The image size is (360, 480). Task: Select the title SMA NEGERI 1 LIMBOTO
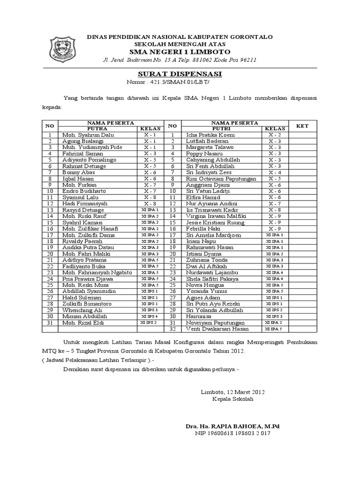point(180,52)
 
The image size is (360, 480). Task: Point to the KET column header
point(302,126)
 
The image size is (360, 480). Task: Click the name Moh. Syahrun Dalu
point(88,135)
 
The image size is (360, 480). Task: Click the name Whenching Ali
point(82,310)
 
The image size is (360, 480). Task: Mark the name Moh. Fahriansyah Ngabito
point(97,272)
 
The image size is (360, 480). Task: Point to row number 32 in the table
point(172,329)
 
